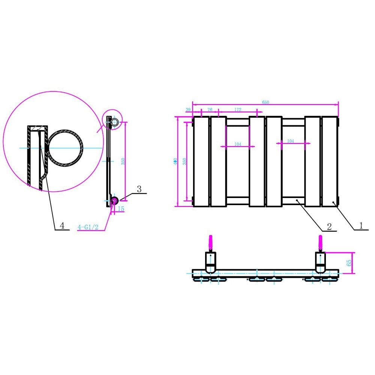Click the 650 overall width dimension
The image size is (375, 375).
[265, 102]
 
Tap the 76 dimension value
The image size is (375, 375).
[210, 109]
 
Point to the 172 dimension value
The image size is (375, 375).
[238, 109]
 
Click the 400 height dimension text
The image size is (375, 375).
[175, 161]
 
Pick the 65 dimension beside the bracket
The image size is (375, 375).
[349, 262]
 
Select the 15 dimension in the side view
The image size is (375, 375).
[121, 209]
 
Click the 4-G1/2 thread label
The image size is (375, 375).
[88, 227]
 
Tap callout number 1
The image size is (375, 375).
[361, 226]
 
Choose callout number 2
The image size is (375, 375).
[329, 226]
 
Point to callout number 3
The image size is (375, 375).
[139, 189]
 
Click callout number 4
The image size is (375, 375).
[62, 226]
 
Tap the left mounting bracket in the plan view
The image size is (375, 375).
[210, 262]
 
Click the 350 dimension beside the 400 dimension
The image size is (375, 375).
[184, 161]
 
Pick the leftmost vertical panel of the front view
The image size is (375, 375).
[201, 161]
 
